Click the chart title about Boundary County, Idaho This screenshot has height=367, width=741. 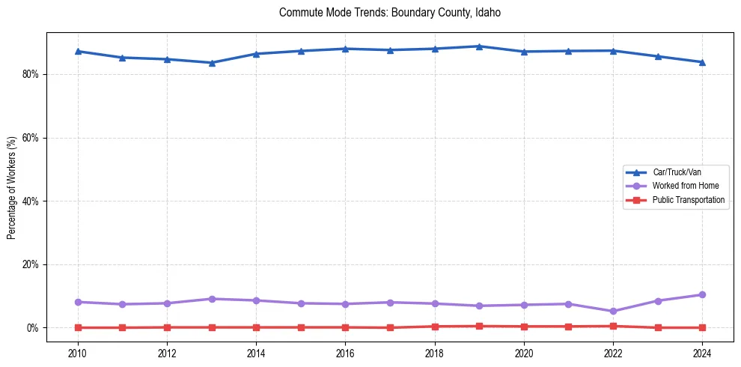coord(389,13)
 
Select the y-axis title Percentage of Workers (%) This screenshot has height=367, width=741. coord(12,187)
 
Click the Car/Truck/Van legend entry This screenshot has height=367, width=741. coord(677,172)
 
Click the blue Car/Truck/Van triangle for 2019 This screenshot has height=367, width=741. coord(479,46)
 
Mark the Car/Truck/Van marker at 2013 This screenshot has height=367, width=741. coord(212,63)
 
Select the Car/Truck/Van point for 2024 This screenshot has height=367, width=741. coord(702,62)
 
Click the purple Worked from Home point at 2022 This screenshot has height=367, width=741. coord(613,312)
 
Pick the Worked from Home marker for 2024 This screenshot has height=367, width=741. coord(702,295)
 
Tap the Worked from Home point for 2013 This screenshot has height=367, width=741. coord(212,299)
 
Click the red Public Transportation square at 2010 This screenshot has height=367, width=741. coord(78,327)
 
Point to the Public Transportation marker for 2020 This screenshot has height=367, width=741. coord(524,327)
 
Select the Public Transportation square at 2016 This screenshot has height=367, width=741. coord(345,327)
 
